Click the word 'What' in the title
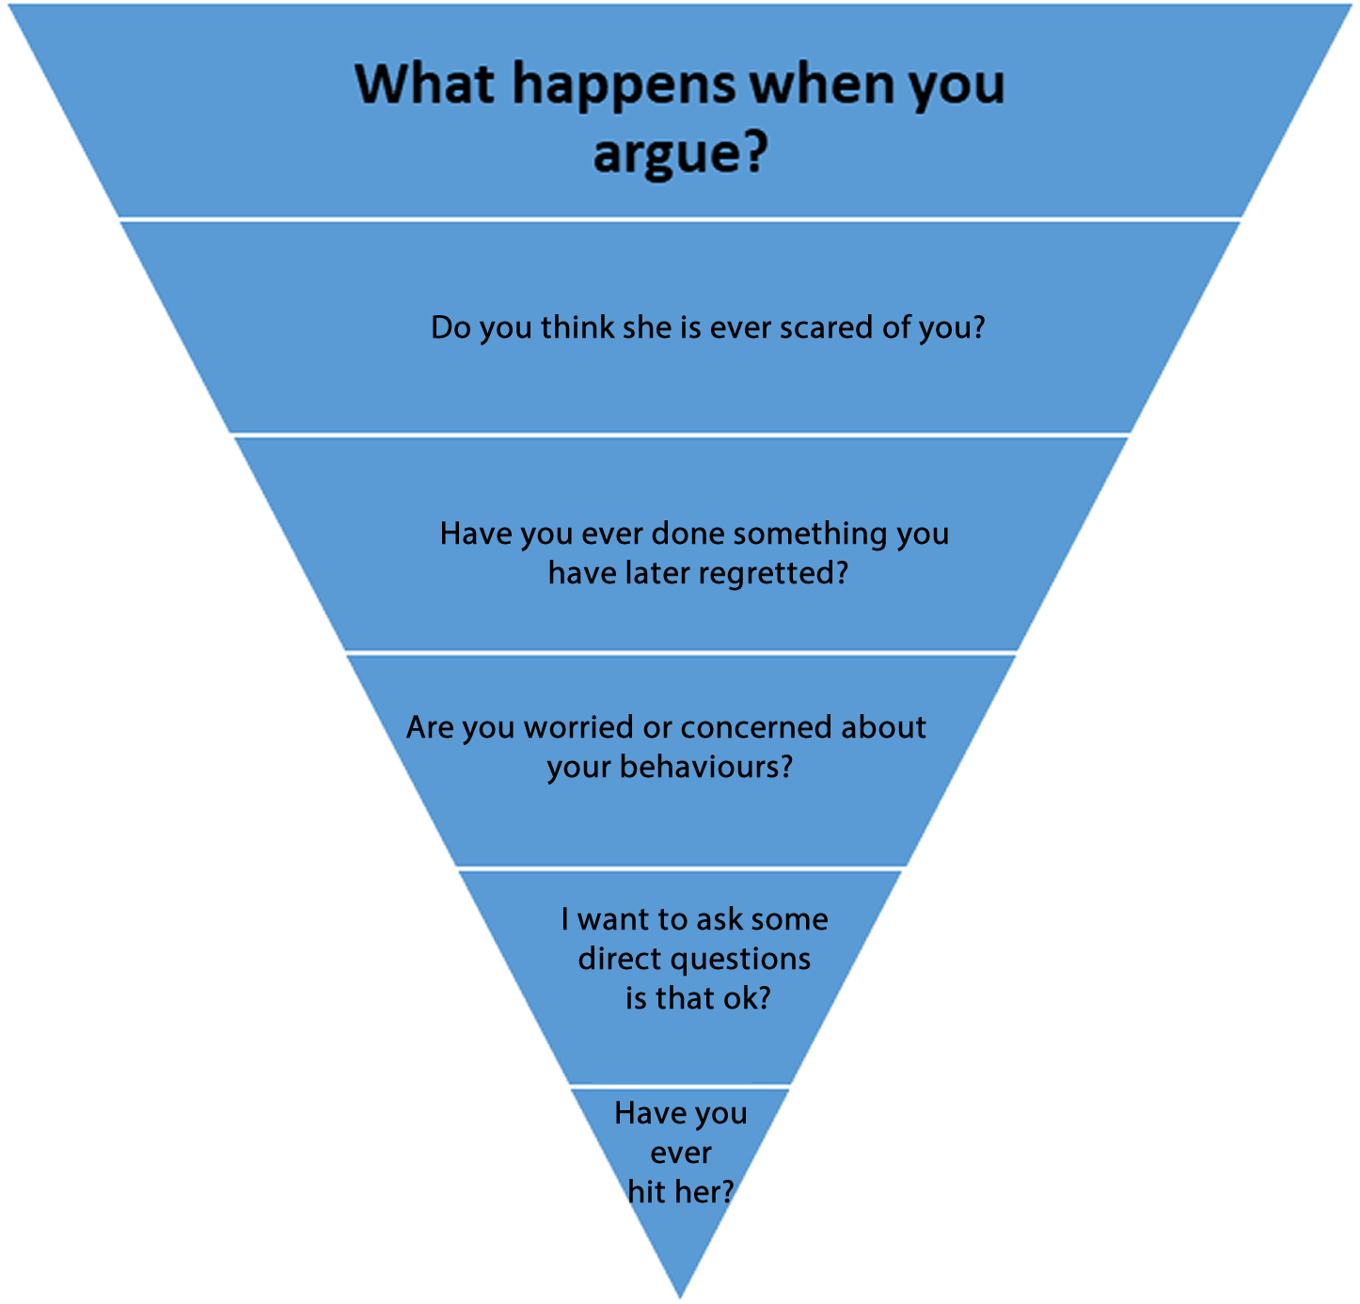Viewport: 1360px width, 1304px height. pos(425,85)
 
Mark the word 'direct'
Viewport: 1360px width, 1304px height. pos(620,959)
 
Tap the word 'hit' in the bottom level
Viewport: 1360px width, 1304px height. pos(647,1192)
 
